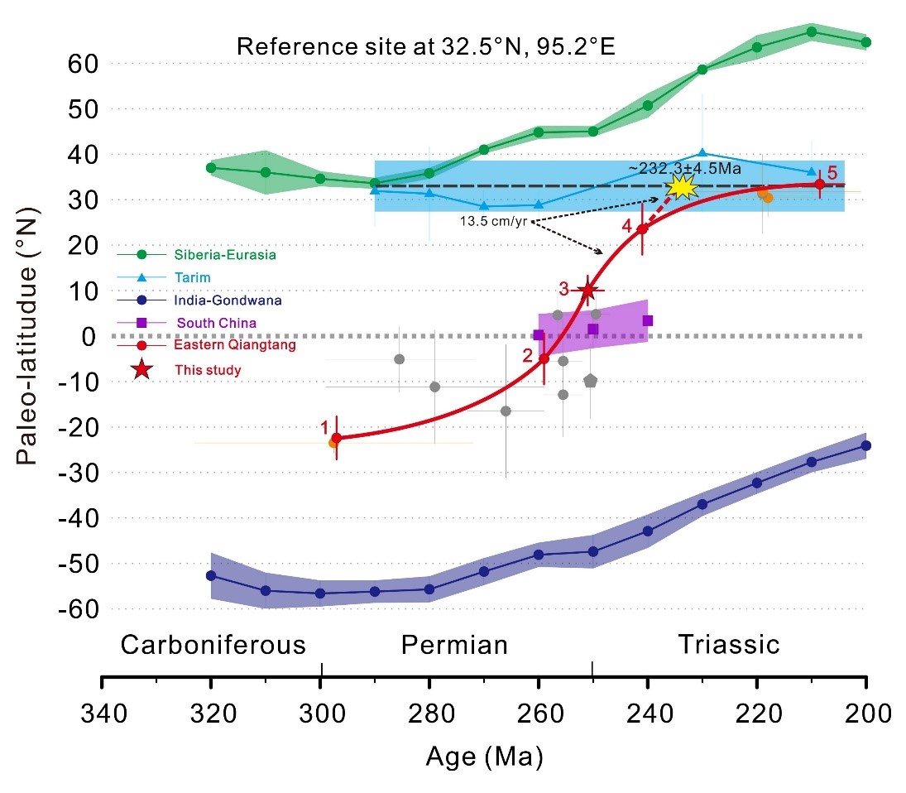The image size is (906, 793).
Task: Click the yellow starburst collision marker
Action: click(683, 186)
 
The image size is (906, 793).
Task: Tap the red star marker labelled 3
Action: click(588, 290)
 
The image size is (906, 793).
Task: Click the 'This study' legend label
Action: click(208, 370)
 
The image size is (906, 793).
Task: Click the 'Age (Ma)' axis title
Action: click(484, 756)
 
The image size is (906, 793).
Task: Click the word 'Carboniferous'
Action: click(213, 644)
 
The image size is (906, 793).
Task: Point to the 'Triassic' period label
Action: click(729, 644)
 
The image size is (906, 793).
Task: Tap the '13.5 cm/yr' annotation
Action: click(496, 222)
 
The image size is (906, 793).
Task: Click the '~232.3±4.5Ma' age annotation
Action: click(683, 168)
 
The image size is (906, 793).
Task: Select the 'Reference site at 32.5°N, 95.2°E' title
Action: click(427, 46)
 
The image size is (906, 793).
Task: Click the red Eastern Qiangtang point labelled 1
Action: click(336, 438)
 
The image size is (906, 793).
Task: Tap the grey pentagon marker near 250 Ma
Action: click(590, 381)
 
